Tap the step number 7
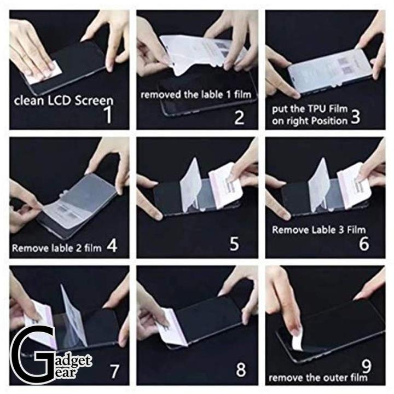click(x=114, y=372)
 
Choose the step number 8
click(x=241, y=371)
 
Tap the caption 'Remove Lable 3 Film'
click(x=318, y=229)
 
